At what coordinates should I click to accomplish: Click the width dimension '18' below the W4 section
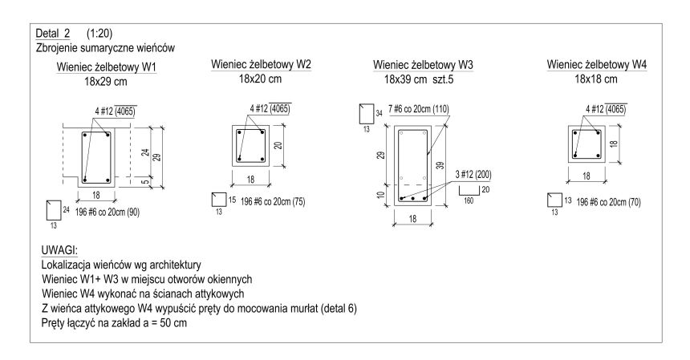[587, 175]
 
